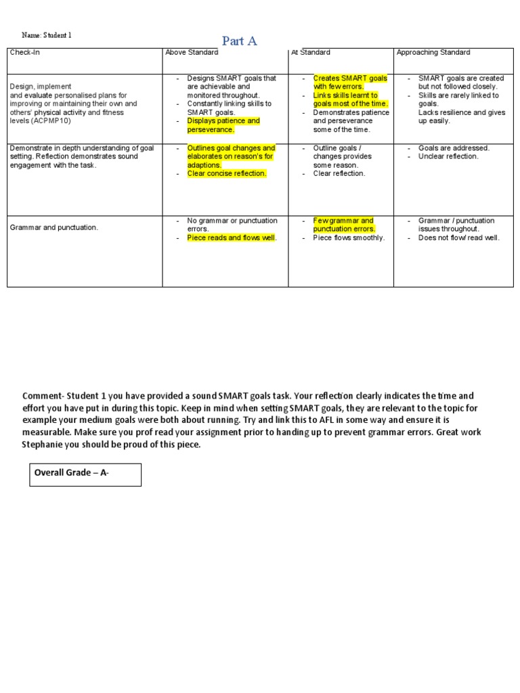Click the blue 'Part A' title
tap(239, 41)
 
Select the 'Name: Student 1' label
tap(46, 35)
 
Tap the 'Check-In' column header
tap(25, 53)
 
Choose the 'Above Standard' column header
tap(192, 53)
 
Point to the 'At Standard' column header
tap(310, 53)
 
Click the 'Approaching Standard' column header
tap(433, 53)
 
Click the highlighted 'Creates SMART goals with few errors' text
tap(349, 83)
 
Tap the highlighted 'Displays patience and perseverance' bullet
tap(223, 125)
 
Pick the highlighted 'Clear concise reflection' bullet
tap(227, 173)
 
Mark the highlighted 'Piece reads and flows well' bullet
tap(232, 238)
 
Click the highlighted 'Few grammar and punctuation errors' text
tap(344, 225)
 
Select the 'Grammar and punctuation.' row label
tap(54, 227)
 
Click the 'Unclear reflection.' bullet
tap(448, 156)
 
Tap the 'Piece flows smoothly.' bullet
tap(349, 238)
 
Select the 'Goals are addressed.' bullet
tap(454, 148)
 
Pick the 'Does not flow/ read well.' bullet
tap(459, 238)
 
